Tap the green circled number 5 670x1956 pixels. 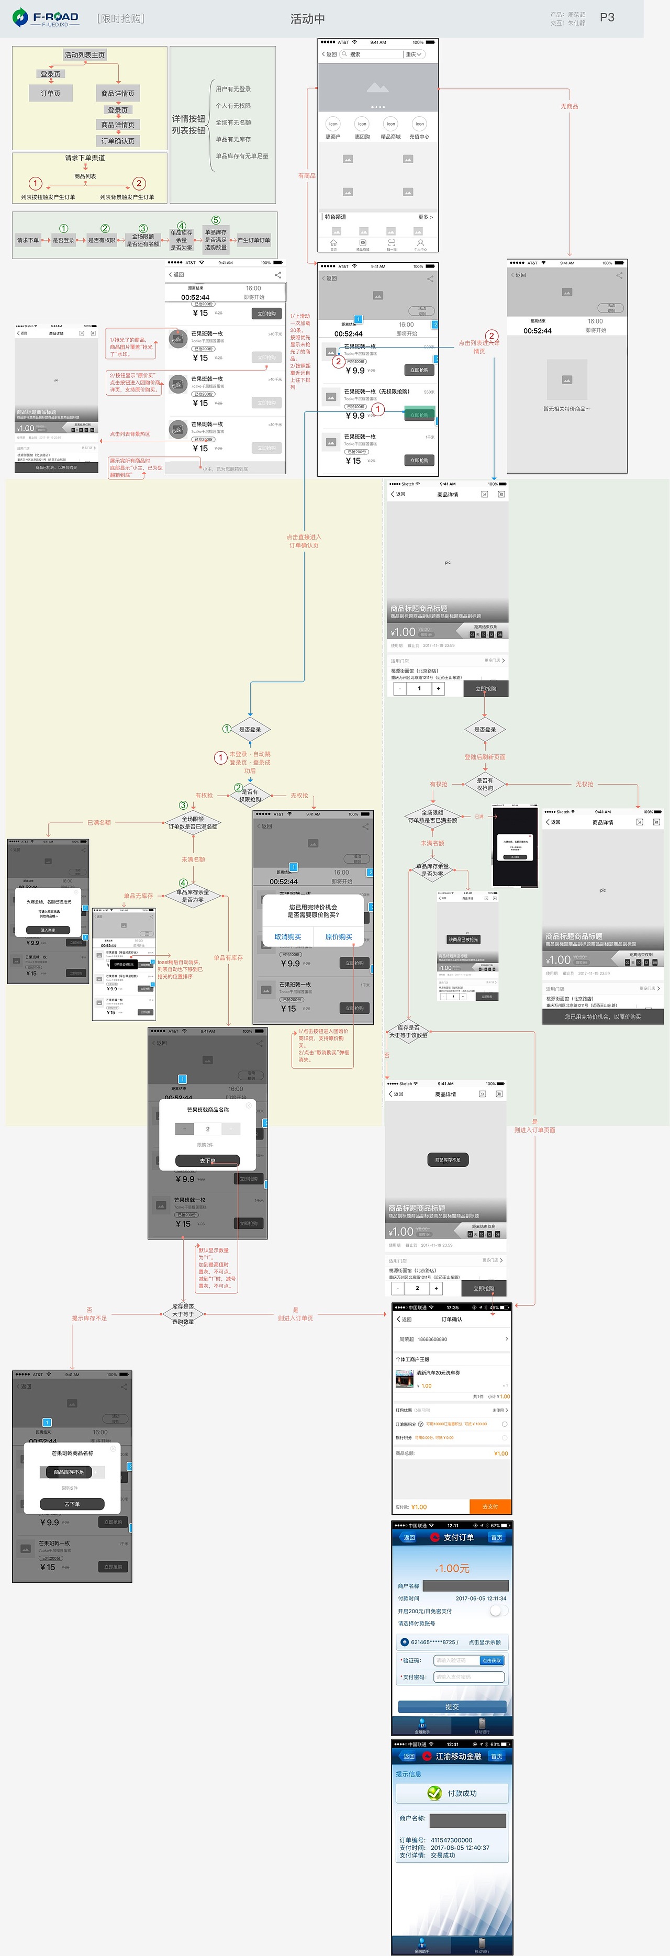click(216, 220)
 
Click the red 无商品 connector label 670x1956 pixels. click(569, 106)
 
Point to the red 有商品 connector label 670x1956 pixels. click(306, 175)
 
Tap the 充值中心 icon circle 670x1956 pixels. click(419, 124)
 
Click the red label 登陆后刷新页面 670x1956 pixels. click(485, 757)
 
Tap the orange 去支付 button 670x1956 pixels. click(490, 1506)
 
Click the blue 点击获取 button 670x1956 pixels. click(491, 1661)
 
